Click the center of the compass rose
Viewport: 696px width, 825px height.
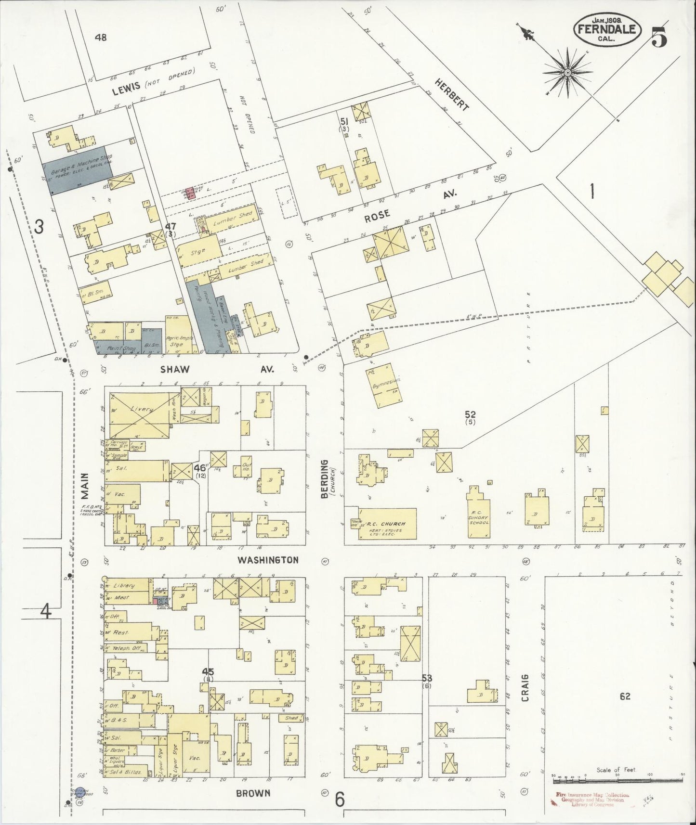(568, 72)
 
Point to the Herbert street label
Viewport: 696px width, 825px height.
(451, 94)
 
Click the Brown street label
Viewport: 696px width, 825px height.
(253, 793)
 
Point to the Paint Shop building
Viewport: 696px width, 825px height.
(115, 346)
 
